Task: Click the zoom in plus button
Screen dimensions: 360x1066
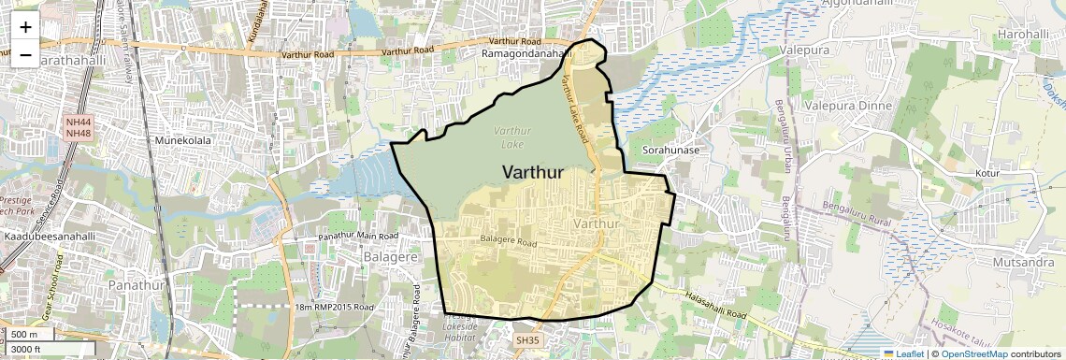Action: click(x=25, y=26)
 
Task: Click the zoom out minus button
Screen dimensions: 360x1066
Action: click(x=25, y=54)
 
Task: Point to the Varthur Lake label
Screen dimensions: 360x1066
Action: click(x=512, y=137)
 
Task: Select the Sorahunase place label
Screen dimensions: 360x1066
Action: click(x=670, y=150)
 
